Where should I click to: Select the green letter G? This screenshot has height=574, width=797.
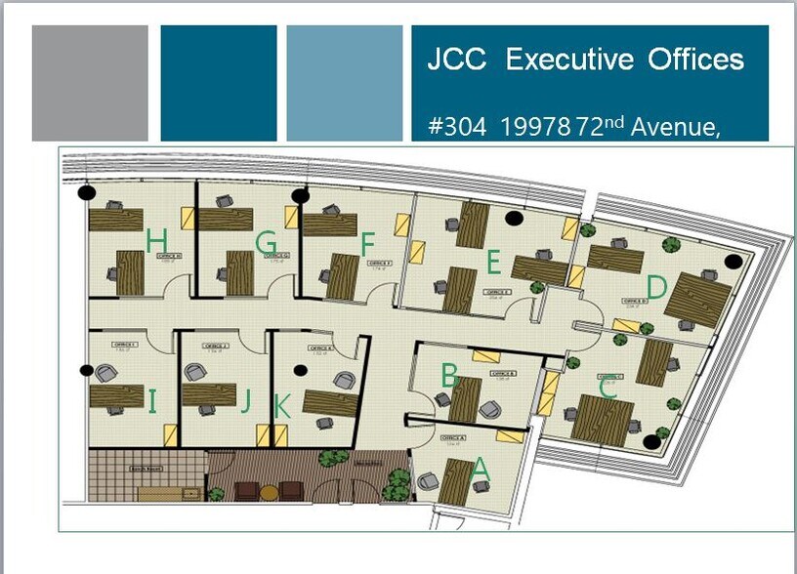click(266, 243)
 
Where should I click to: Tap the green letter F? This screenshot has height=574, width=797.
click(367, 242)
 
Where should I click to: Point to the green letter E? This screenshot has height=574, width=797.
click(493, 262)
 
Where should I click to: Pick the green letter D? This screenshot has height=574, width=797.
click(656, 288)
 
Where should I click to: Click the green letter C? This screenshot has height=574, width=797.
click(608, 389)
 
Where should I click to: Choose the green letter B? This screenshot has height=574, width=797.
click(449, 375)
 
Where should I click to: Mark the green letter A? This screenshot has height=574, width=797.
click(480, 469)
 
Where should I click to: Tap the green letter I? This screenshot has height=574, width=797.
click(152, 400)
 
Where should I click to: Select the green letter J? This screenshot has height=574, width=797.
click(246, 401)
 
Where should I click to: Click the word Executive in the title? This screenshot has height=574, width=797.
click(570, 60)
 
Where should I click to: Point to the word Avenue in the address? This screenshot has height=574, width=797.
click(676, 127)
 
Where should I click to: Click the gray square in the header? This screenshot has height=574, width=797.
click(90, 83)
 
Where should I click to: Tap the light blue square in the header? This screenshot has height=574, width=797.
click(345, 83)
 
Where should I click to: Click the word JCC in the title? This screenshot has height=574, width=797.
click(457, 60)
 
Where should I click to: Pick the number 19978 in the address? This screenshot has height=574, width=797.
click(537, 127)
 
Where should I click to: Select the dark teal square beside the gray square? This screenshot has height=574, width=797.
click(219, 83)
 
